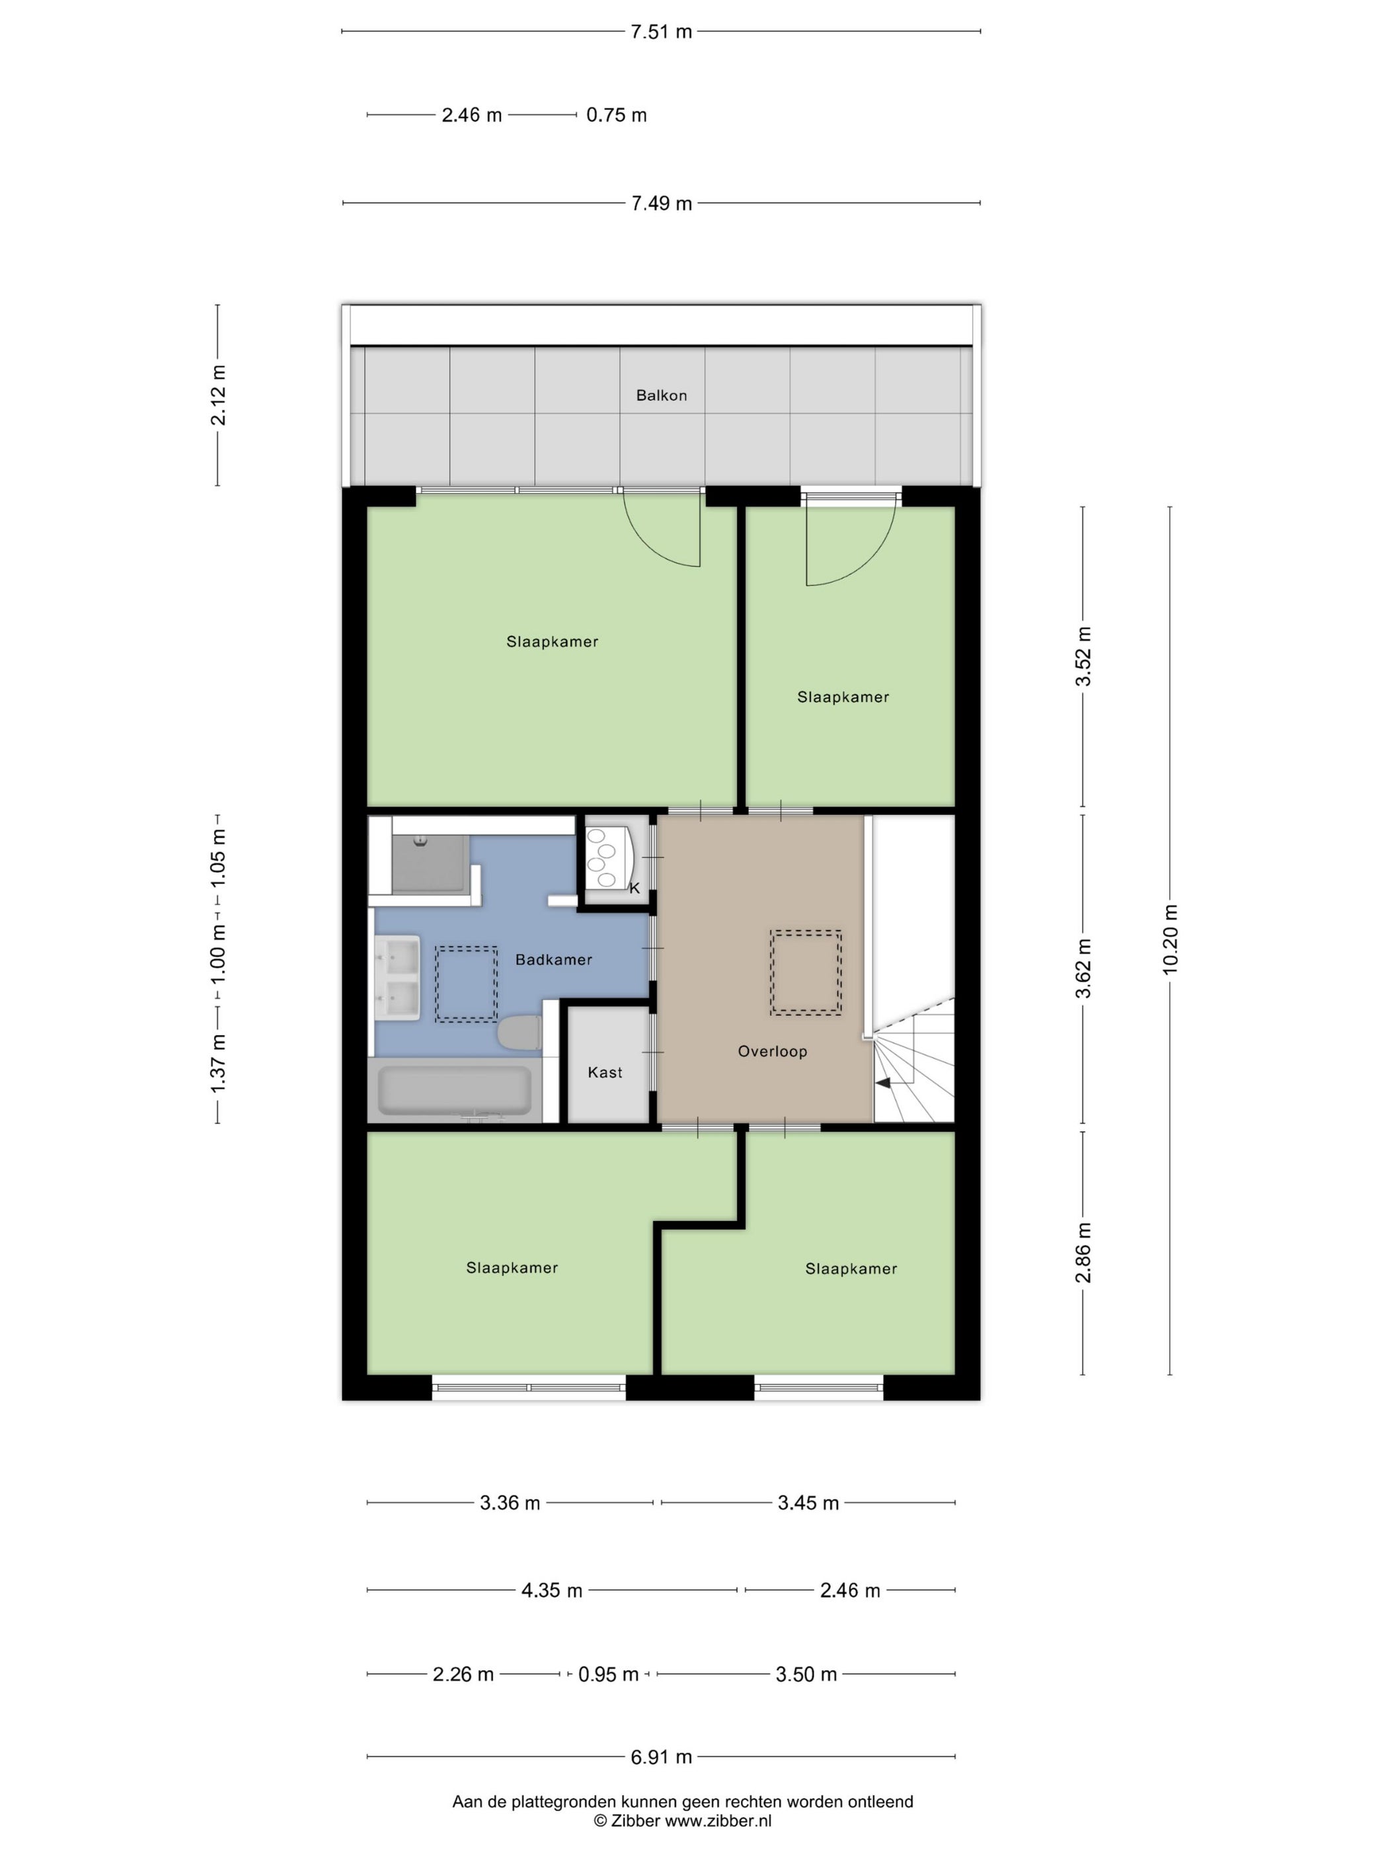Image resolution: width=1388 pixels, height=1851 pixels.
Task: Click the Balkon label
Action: (661, 395)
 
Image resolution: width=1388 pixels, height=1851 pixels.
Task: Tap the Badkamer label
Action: (553, 959)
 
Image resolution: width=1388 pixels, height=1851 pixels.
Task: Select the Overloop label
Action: (771, 1051)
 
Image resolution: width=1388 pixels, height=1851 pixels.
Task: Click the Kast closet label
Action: (604, 1072)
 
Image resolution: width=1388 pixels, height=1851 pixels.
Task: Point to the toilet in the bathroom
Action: (519, 1032)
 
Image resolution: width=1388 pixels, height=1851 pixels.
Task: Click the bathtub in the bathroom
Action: (454, 1089)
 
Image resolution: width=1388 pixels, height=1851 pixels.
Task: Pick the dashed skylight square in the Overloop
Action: (805, 972)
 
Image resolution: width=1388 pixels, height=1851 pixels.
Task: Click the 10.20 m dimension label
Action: (1170, 939)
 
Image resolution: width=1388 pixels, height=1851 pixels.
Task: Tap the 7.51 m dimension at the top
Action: (661, 32)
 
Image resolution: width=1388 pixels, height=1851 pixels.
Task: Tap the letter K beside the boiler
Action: (634, 888)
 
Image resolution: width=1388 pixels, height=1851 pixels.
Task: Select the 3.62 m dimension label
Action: (1083, 968)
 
